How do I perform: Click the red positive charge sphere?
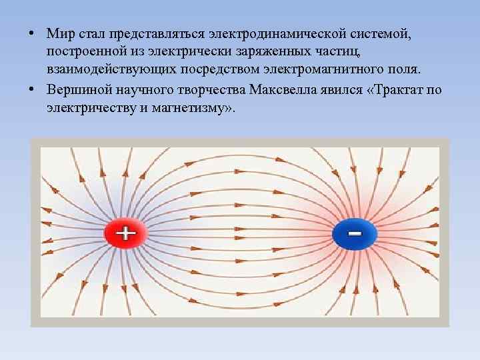pyautogui.click(x=125, y=234)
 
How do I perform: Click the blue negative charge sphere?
pyautogui.click(x=355, y=234)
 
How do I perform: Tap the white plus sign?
pyautogui.click(x=125, y=233)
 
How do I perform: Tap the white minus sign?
pyautogui.click(x=355, y=233)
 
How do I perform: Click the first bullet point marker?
pyautogui.click(x=33, y=35)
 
